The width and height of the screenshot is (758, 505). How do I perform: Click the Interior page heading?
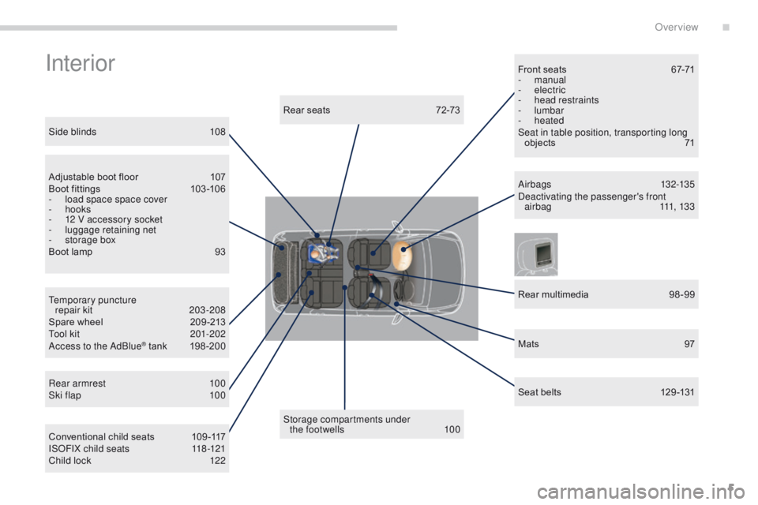pos(81,63)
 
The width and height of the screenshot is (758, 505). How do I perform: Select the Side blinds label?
pos(73,132)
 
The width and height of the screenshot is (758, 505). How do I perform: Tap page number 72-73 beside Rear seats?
pos(448,110)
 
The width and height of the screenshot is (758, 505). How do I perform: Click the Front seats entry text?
pos(542,69)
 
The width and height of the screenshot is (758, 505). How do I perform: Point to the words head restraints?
pos(566,100)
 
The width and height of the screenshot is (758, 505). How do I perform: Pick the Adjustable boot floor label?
pos(93,177)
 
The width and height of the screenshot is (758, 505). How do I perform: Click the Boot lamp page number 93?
pos(220,252)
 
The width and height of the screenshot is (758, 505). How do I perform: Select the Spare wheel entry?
pos(76,322)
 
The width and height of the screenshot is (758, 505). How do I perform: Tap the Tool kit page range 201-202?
pos(208,334)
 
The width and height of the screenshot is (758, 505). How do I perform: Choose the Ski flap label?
pos(65,395)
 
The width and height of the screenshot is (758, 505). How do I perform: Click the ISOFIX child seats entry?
pos(89,448)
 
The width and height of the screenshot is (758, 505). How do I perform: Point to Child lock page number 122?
pos(218,461)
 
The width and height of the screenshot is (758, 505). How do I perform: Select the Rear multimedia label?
pos(553,294)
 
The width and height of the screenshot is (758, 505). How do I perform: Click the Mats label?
pos(528,343)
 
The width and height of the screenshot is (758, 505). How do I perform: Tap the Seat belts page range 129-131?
pos(677,392)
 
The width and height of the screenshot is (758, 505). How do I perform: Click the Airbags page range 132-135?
pos(677,184)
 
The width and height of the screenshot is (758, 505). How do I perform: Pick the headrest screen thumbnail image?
pos(535,254)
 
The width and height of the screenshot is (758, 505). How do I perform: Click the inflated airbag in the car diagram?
pos(402,256)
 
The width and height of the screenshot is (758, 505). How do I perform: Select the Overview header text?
pos(677,27)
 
